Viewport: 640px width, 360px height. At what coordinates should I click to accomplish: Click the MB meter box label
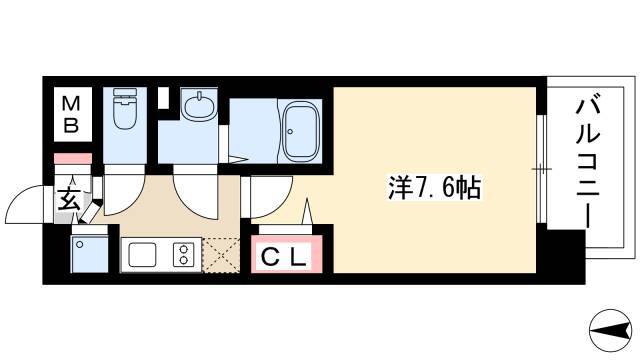pos(71,115)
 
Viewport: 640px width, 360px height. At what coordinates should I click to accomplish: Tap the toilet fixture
pos(124,108)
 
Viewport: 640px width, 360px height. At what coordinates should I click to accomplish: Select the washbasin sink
pos(198,106)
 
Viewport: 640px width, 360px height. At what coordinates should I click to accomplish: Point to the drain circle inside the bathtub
pos(290,131)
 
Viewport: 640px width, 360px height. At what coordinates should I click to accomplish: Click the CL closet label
pos(283,258)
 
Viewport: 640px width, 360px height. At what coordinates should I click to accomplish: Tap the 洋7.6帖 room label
pos(434,188)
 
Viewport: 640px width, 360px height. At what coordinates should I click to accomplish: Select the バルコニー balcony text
pos(587,160)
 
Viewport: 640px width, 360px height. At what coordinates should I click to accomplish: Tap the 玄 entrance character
pos(69,200)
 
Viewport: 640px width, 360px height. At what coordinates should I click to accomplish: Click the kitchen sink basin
pos(142,254)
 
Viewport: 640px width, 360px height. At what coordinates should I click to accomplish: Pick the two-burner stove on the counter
pos(184,254)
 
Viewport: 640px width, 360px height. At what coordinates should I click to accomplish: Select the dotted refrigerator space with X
pos(221,255)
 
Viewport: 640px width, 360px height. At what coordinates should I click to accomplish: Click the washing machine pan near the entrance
pos(89,254)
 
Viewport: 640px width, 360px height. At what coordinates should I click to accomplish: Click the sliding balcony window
pos(541,169)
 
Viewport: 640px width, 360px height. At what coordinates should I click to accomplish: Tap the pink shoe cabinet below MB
pos(73,158)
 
